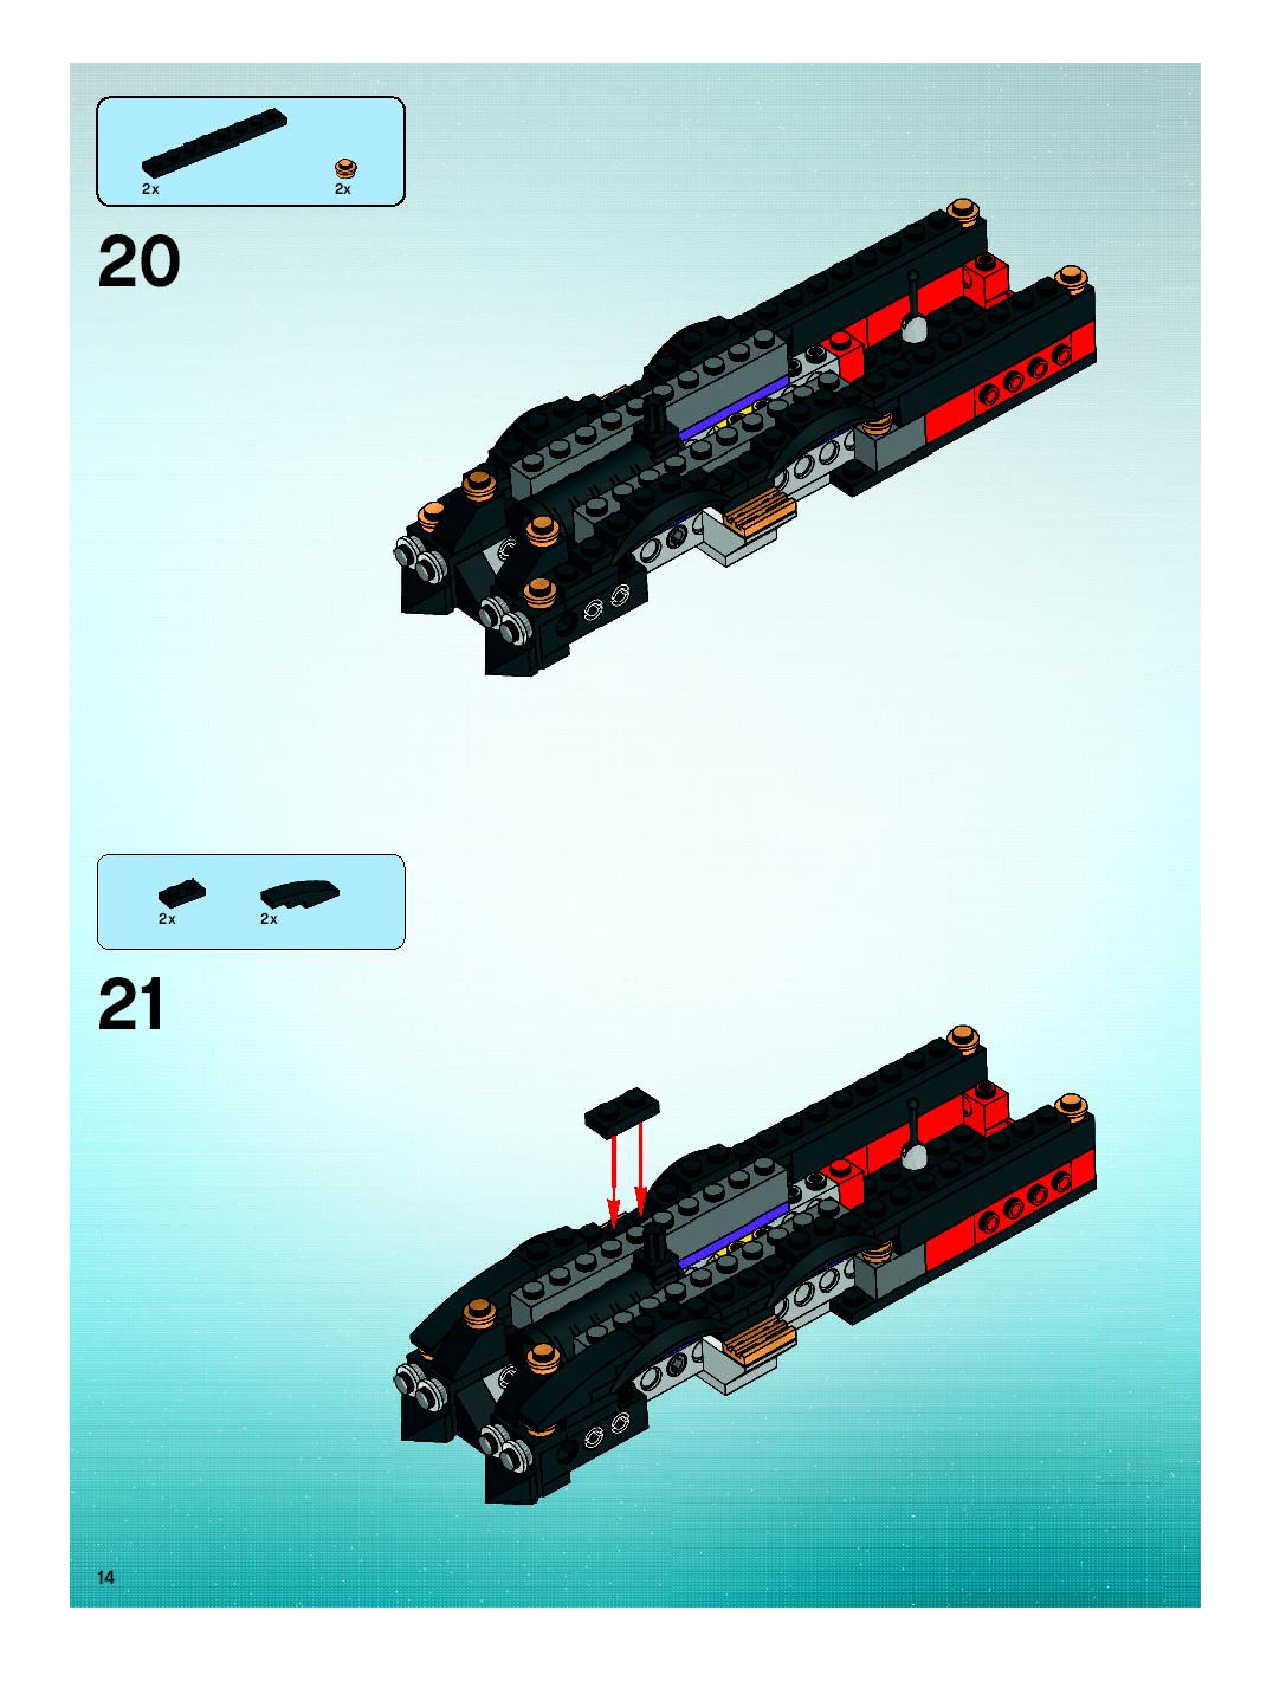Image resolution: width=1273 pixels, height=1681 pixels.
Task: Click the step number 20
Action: pyautogui.click(x=139, y=261)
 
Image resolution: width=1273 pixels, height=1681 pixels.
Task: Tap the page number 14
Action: pyautogui.click(x=106, y=1577)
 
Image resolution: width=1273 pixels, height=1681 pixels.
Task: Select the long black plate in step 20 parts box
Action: pyautogui.click(x=214, y=141)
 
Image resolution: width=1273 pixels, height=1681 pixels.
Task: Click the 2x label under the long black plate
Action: pyautogui.click(x=150, y=189)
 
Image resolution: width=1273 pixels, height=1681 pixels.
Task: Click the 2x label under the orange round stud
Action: pyautogui.click(x=343, y=189)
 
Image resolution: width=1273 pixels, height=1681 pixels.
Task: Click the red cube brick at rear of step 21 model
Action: pyautogui.click(x=987, y=1107)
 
